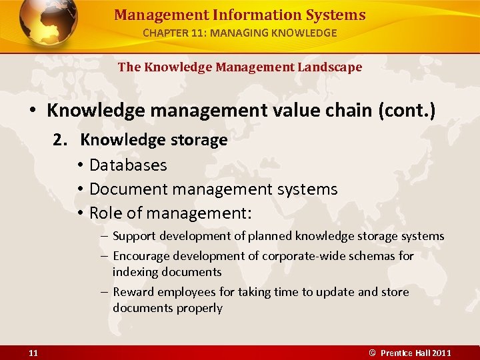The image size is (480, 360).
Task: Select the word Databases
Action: pyautogui.click(x=128, y=165)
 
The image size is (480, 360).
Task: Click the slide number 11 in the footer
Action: pyautogui.click(x=33, y=353)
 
